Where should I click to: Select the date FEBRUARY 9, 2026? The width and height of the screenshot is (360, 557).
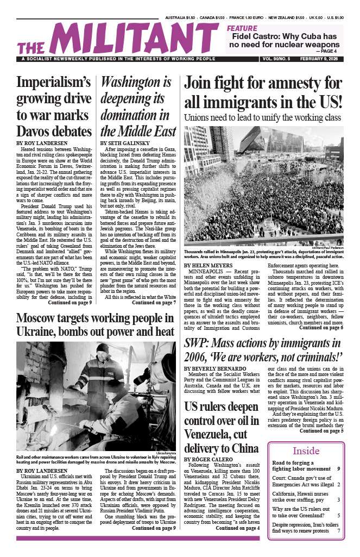click(321, 59)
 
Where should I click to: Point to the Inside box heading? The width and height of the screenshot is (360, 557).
click(306, 451)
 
